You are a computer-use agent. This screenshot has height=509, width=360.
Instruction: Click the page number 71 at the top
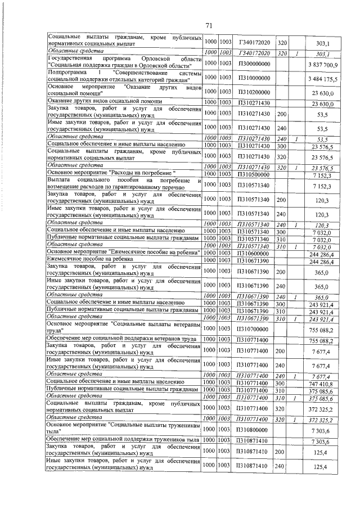tap(208, 25)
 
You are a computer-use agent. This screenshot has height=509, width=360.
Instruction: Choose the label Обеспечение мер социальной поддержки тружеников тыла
tap(121, 441)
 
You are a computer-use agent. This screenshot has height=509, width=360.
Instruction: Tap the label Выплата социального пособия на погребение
tap(124, 183)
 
